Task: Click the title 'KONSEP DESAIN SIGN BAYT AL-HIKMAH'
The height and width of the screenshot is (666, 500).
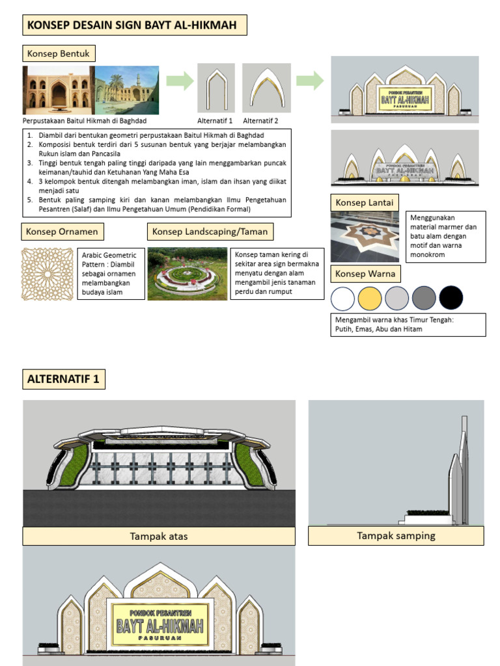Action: (135, 26)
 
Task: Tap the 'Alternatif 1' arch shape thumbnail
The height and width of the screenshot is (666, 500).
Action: (216, 88)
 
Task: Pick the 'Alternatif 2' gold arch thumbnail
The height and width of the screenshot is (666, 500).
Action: (266, 88)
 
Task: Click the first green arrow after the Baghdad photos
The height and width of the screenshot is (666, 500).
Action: (180, 81)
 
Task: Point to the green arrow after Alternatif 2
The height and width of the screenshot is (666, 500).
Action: (310, 81)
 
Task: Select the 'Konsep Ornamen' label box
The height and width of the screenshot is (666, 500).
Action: (62, 232)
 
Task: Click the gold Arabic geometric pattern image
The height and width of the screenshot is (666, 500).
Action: (48, 273)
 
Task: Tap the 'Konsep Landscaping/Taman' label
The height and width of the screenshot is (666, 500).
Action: (210, 232)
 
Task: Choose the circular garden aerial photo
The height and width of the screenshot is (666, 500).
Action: (187, 274)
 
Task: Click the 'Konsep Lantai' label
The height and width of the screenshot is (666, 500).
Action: (364, 203)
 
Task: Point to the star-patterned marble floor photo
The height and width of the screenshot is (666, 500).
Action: (365, 237)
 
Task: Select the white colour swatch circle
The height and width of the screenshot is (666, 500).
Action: (343, 299)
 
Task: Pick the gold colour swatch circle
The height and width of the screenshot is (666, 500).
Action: (370, 299)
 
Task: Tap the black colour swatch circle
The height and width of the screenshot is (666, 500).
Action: (451, 299)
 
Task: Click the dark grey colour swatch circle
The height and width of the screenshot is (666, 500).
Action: (424, 299)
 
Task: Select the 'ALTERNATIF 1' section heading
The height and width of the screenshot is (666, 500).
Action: (64, 379)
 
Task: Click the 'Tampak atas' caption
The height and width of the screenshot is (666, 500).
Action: (159, 537)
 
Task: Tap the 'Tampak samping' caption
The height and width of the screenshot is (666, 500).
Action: (396, 536)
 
